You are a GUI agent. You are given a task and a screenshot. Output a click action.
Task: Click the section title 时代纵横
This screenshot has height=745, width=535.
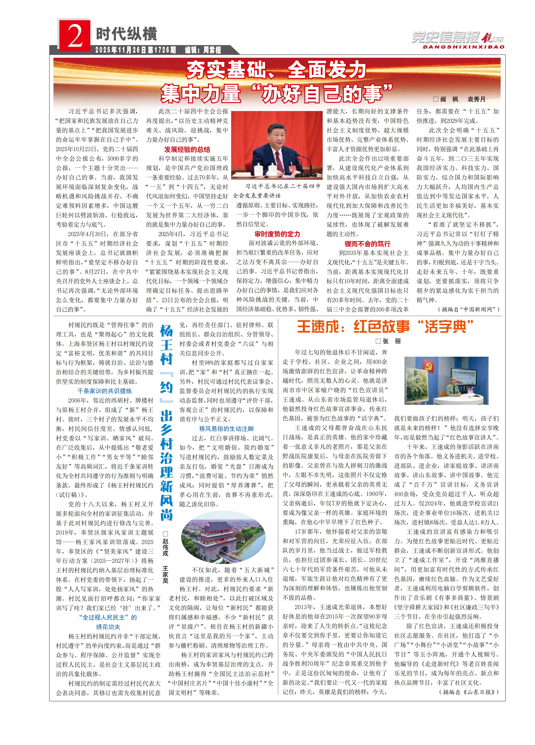point(126,34)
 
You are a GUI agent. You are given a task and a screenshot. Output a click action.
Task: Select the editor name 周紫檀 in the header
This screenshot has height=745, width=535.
point(212,50)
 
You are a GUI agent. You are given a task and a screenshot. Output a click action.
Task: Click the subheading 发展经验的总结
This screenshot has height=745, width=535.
point(187,149)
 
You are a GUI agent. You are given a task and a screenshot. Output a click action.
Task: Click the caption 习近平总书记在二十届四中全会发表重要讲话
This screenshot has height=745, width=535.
point(277,191)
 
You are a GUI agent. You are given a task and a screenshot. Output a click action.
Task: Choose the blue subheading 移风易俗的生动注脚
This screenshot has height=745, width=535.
point(226,429)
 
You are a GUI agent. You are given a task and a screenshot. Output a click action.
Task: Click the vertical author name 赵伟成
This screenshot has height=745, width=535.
point(165,547)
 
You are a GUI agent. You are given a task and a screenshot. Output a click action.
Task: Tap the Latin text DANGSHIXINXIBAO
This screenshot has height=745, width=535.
point(463,47)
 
